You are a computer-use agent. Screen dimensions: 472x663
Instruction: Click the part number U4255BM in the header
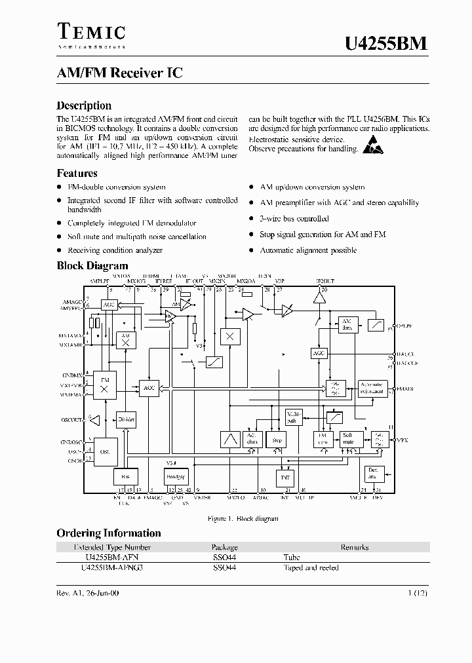(x=386, y=44)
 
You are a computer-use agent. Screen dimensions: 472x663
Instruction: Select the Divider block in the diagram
(x=125, y=419)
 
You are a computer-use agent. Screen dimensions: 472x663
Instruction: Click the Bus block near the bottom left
(x=125, y=476)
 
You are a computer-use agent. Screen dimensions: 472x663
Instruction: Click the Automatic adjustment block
(x=372, y=388)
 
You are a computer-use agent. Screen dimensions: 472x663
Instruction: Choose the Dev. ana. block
(x=373, y=473)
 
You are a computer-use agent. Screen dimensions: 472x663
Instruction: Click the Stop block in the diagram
(x=277, y=440)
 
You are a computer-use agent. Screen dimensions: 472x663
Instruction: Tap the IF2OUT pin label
(x=325, y=281)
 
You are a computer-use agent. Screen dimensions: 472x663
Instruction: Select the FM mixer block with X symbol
(x=103, y=386)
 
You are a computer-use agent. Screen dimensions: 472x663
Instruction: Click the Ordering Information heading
(x=108, y=533)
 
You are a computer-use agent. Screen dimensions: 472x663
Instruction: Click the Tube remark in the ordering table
(x=292, y=558)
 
